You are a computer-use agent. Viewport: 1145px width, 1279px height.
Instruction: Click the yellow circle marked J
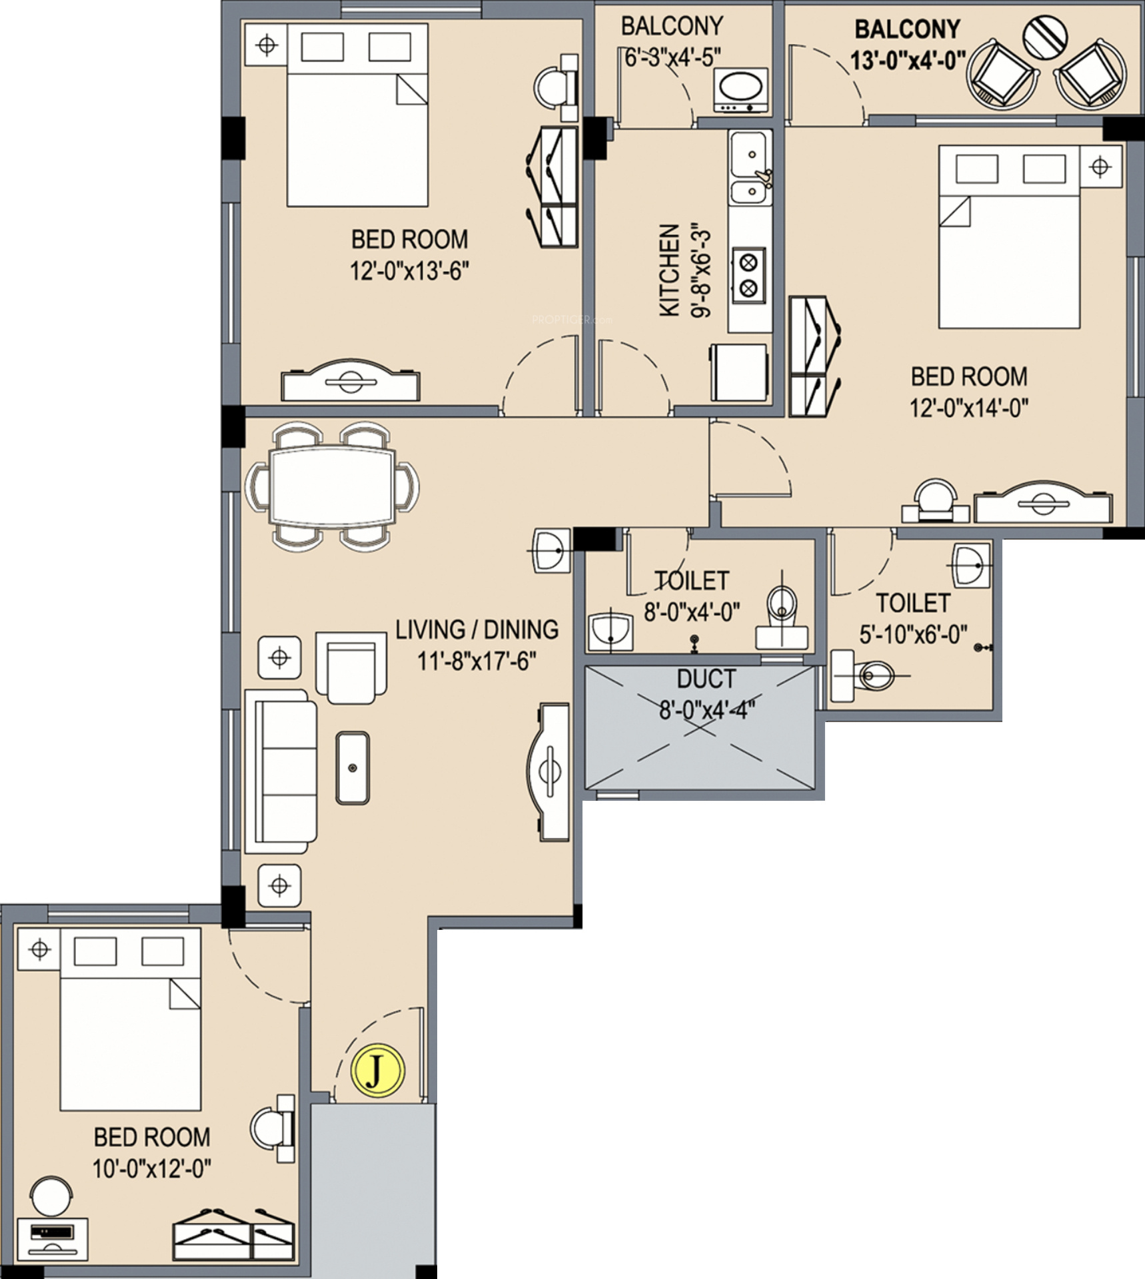pyautogui.click(x=377, y=1070)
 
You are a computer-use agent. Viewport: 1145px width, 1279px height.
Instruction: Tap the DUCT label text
pyautogui.click(x=706, y=679)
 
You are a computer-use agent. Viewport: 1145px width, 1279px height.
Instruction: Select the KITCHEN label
pyautogui.click(x=669, y=270)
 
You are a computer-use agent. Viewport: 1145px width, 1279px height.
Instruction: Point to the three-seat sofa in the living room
pyautogui.click(x=281, y=771)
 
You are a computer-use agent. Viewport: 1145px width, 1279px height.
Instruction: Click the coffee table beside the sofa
pyautogui.click(x=353, y=768)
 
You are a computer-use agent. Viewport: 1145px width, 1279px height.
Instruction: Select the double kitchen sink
pyautogui.click(x=751, y=168)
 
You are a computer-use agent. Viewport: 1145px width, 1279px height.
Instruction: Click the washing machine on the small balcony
pyautogui.click(x=741, y=90)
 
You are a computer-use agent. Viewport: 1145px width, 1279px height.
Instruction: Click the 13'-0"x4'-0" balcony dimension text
pyautogui.click(x=908, y=61)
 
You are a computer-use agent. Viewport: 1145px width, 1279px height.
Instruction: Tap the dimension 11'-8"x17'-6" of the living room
pyautogui.click(x=477, y=661)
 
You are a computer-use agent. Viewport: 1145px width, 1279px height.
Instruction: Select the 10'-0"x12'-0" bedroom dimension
pyautogui.click(x=152, y=1168)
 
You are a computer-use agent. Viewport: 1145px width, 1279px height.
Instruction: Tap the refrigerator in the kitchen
pyautogui.click(x=738, y=372)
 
